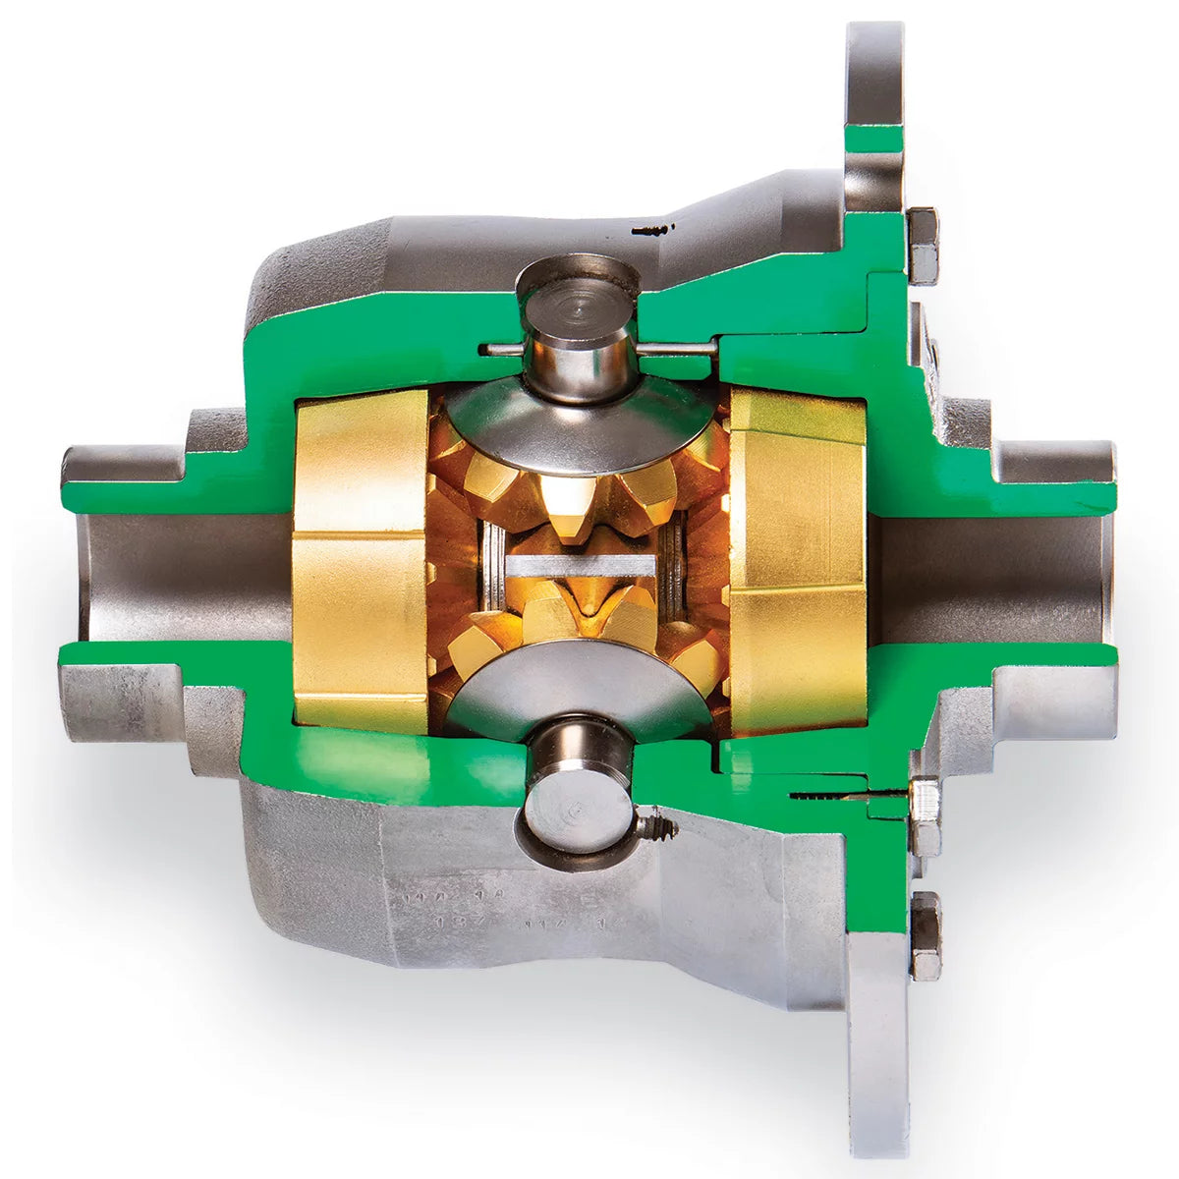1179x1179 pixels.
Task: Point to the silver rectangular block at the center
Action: (579, 565)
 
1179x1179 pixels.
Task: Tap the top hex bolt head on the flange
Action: (924, 246)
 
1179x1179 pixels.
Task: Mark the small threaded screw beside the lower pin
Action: (657, 826)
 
